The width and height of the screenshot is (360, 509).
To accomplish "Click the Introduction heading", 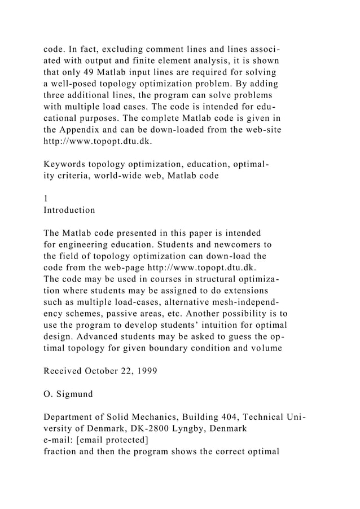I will [69, 210].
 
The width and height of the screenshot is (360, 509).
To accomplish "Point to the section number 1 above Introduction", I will [46, 199].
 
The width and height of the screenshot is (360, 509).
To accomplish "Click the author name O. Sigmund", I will [68, 395].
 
